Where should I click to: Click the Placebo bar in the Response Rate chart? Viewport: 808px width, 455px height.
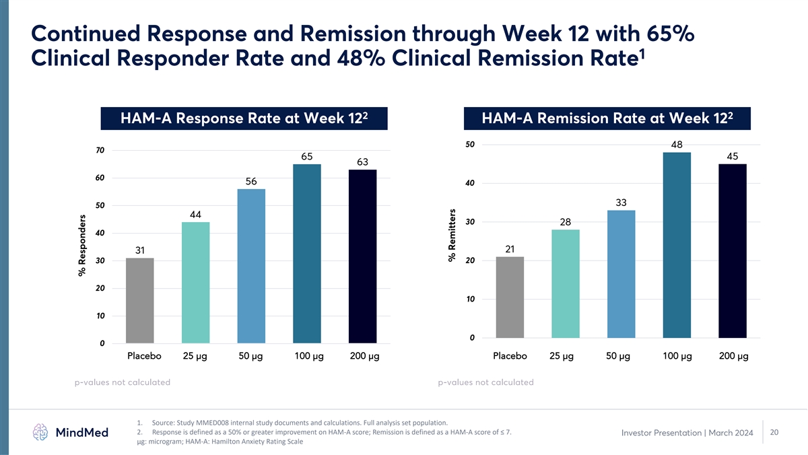[x=139, y=300]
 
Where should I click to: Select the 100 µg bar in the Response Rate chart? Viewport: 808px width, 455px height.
[x=306, y=254]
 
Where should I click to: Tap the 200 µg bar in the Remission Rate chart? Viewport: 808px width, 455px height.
[x=733, y=251]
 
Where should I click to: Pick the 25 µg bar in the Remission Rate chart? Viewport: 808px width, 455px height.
[x=565, y=284]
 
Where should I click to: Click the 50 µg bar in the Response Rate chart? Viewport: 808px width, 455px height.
[x=251, y=266]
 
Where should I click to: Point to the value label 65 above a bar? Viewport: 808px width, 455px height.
[x=306, y=156]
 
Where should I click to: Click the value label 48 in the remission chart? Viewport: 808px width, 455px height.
[x=677, y=145]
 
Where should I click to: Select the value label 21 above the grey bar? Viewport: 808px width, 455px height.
[x=510, y=249]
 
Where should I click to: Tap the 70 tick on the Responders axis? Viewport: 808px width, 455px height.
[x=100, y=150]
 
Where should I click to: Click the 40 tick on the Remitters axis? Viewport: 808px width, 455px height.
[x=470, y=183]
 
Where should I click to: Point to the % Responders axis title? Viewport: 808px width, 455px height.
[x=82, y=246]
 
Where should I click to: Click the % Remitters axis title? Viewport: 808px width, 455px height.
[x=452, y=236]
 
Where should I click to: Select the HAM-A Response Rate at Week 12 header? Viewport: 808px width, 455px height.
[x=244, y=118]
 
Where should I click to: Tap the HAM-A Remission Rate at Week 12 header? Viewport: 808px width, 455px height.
[x=607, y=118]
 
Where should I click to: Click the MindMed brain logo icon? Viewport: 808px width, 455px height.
[x=40, y=432]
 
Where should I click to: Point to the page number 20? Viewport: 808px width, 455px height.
[x=774, y=432]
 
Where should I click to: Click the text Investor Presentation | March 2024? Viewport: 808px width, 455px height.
[x=687, y=433]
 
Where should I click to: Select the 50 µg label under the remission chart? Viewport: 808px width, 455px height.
[x=618, y=356]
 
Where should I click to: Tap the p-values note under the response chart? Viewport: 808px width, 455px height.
[x=123, y=382]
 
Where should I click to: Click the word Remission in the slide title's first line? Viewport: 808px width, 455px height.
[x=353, y=34]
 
